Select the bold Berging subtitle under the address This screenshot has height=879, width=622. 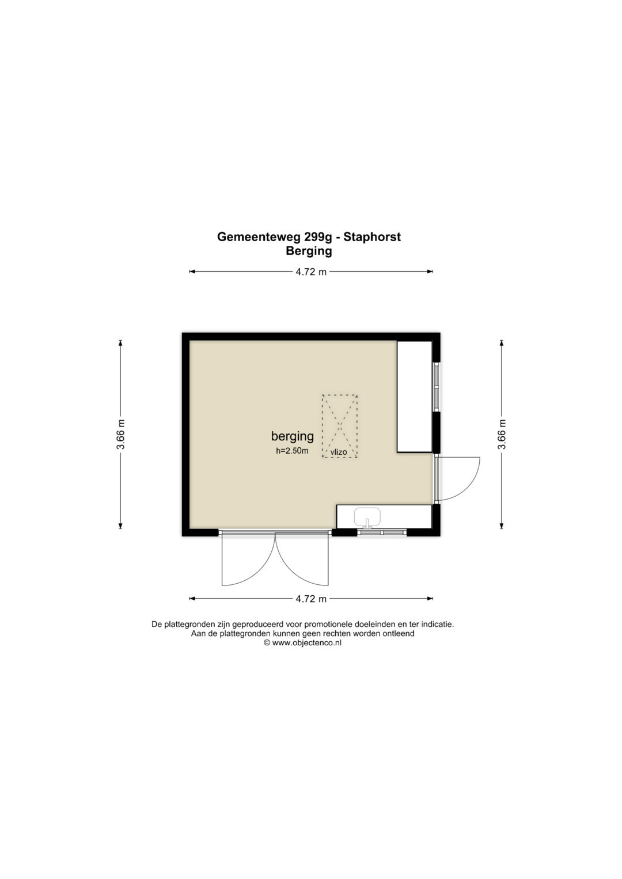click(x=309, y=251)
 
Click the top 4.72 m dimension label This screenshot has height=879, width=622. click(x=311, y=272)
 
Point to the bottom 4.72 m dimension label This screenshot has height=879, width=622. click(x=311, y=599)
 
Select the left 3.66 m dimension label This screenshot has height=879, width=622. click(x=121, y=434)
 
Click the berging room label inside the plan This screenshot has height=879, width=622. click(x=293, y=436)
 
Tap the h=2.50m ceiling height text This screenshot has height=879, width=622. click(x=292, y=451)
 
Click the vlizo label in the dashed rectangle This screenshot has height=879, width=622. click(x=339, y=452)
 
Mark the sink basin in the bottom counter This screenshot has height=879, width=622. click(x=367, y=517)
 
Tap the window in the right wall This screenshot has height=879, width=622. click(x=436, y=387)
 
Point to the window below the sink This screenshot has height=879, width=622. click(x=382, y=532)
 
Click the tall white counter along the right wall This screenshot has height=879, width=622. click(x=415, y=397)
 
